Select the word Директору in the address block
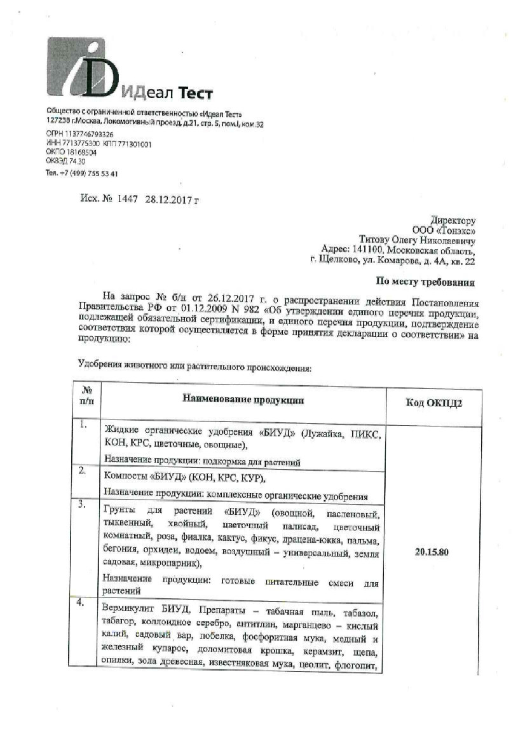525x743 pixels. [453, 221]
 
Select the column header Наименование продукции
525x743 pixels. [243, 400]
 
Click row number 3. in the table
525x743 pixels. [83, 505]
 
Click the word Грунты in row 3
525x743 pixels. [119, 512]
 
